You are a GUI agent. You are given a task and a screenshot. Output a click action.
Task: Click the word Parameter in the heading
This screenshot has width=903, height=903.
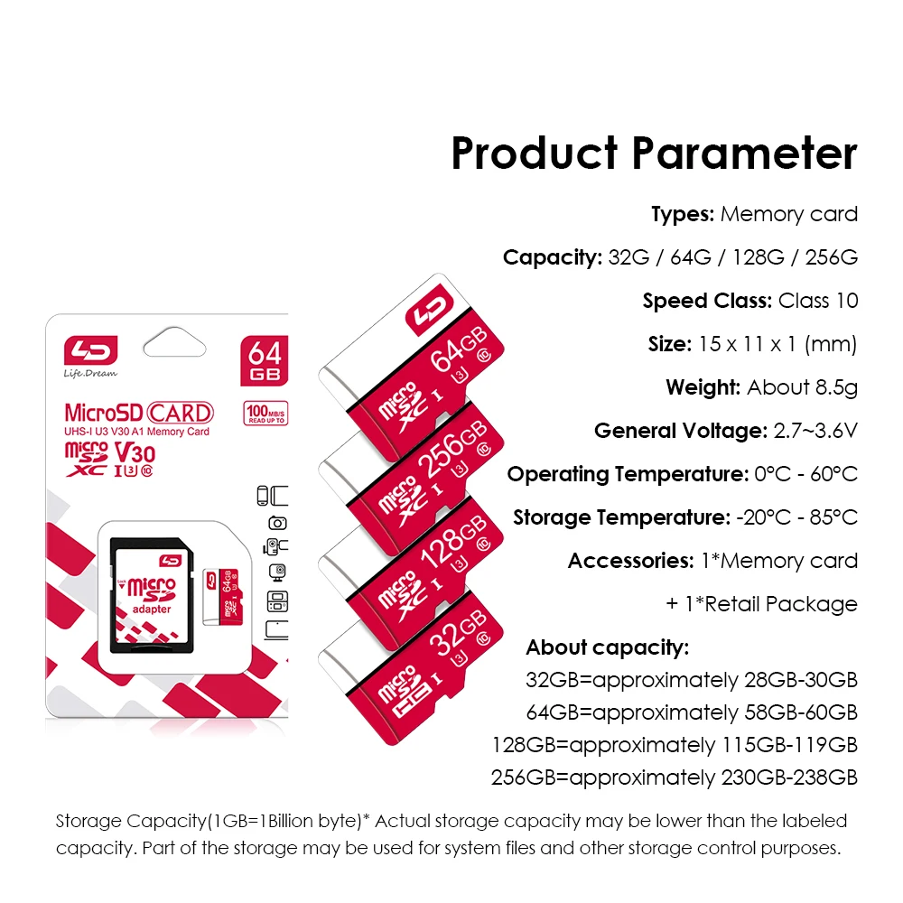click(x=744, y=154)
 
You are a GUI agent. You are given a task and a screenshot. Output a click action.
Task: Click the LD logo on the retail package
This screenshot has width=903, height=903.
click(x=90, y=350)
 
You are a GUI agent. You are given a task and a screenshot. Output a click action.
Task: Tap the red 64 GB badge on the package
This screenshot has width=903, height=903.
click(x=265, y=360)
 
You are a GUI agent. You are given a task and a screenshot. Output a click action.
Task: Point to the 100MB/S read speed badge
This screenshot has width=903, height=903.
click(x=265, y=413)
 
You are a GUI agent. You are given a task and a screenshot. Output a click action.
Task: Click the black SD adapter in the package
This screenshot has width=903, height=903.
click(x=152, y=595)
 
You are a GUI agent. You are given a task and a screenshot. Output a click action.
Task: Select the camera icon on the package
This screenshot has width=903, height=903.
click(x=277, y=522)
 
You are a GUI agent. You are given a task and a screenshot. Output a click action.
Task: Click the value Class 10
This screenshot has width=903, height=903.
click(x=818, y=301)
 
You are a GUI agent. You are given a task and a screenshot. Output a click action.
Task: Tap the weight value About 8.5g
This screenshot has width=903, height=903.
click(x=802, y=387)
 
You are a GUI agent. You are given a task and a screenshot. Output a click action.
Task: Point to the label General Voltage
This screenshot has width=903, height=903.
click(x=681, y=431)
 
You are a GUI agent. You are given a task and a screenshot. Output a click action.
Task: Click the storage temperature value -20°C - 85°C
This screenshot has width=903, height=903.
click(x=797, y=517)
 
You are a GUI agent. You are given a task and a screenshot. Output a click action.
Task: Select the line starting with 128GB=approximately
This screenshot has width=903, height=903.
click(x=675, y=745)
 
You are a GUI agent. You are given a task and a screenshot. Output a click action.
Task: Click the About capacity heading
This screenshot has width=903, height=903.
click(x=608, y=647)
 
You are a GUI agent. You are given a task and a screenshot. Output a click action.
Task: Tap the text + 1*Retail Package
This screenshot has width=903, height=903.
click(x=761, y=604)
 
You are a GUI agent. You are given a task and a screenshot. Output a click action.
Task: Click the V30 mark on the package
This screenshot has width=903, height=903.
click(x=135, y=453)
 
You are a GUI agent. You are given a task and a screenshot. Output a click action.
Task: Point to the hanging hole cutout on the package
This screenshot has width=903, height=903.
click(x=174, y=342)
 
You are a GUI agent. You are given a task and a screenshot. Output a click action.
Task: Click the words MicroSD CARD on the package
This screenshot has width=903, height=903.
click(x=139, y=413)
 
